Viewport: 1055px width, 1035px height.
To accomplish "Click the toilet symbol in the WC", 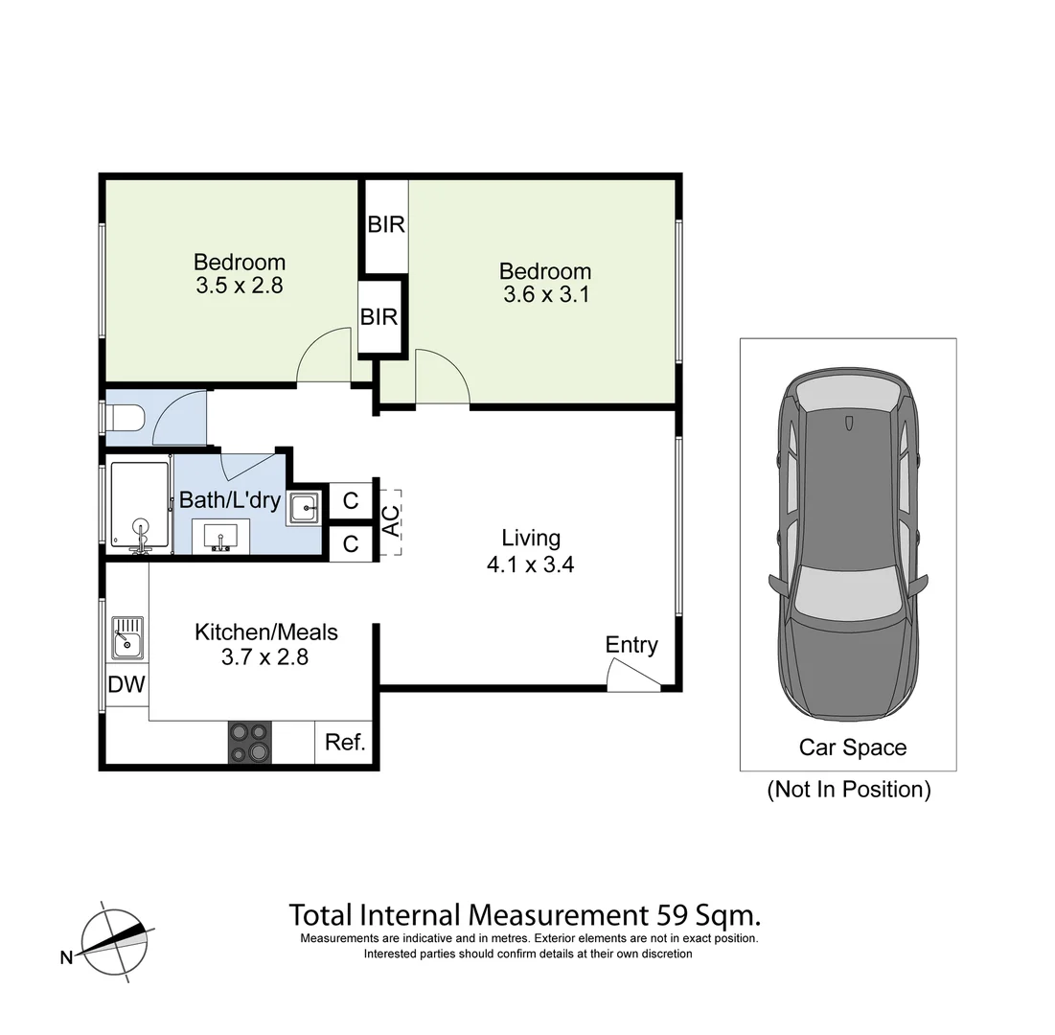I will pyautogui.click(x=126, y=419).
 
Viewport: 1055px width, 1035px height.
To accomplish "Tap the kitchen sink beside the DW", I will pyautogui.click(x=126, y=637).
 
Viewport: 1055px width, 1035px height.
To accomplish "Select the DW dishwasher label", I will pyautogui.click(x=126, y=684).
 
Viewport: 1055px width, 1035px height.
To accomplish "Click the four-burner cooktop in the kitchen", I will pyautogui.click(x=248, y=742).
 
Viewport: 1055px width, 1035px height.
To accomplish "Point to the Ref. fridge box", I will pyautogui.click(x=345, y=742).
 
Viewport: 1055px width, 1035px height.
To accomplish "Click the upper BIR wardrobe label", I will pyautogui.click(x=385, y=225).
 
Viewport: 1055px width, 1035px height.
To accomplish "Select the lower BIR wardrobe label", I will pyautogui.click(x=378, y=316).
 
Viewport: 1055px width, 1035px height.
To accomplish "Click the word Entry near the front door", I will pyautogui.click(x=631, y=645).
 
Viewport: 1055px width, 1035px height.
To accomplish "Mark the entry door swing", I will pyautogui.click(x=632, y=678).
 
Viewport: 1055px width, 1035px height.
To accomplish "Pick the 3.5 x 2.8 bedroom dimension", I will pyautogui.click(x=240, y=285).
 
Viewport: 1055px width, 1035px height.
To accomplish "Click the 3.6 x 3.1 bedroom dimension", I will pyautogui.click(x=545, y=295).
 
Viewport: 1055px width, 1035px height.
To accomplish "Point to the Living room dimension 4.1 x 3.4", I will pyautogui.click(x=530, y=564).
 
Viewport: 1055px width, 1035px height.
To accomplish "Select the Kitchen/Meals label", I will pyautogui.click(x=266, y=632).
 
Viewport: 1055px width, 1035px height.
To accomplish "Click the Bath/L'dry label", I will pyautogui.click(x=229, y=500).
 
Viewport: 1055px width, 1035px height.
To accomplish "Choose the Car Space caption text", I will pyautogui.click(x=852, y=747).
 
